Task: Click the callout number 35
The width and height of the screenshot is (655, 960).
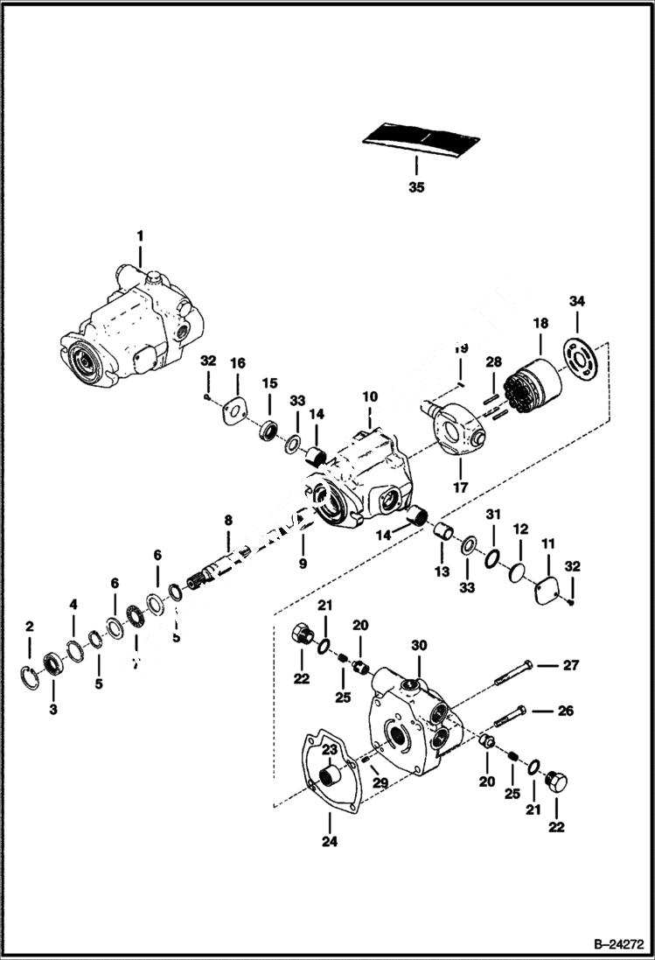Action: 416,186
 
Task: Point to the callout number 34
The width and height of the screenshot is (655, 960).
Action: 575,302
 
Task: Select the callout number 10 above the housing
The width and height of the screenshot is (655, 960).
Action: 370,397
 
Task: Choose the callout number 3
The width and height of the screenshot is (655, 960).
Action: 52,709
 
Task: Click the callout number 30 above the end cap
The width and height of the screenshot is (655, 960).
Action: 420,645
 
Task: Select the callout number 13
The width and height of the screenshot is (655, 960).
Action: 442,571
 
